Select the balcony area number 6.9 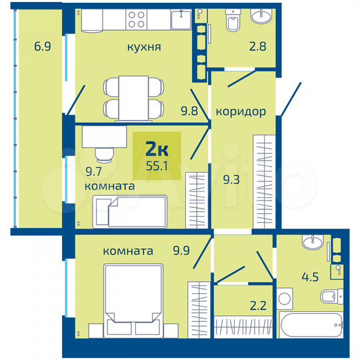click(43, 47)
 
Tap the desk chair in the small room click(104, 155)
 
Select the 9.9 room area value click(181, 251)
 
